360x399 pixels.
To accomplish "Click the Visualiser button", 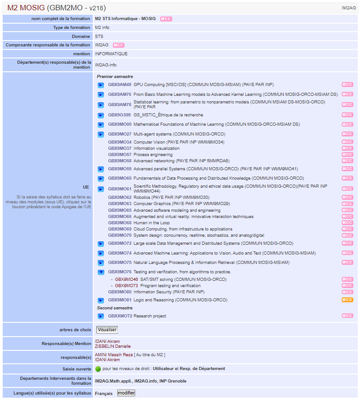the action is pyautogui.click(x=107, y=329).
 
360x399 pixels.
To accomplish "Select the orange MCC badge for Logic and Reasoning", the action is pyautogui.click(x=347, y=300).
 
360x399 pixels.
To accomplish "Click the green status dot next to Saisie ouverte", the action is pyautogui.click(x=98, y=369).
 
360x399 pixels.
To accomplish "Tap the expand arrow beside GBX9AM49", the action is pyautogui.click(x=101, y=85).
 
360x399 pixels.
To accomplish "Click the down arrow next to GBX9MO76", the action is pyautogui.click(x=101, y=272).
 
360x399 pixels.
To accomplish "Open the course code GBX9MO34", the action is pyautogui.click(x=120, y=142).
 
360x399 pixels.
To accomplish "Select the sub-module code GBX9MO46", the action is pyautogui.click(x=126, y=280).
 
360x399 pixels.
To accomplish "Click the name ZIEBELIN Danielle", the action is pyautogui.click(x=113, y=346).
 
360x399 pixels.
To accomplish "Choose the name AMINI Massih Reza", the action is pyautogui.click(x=114, y=355).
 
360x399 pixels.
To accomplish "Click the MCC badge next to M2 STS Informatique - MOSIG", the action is pyautogui.click(x=166, y=19).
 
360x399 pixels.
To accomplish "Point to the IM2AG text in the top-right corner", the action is pyautogui.click(x=349, y=8).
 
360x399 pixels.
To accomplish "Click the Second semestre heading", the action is pyautogui.click(x=115, y=308).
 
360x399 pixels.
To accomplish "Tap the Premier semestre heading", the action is pyautogui.click(x=115, y=77).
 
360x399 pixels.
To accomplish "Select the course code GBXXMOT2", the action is pyautogui.click(x=120, y=316).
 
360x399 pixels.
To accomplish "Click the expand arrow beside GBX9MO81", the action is pyautogui.click(x=101, y=300).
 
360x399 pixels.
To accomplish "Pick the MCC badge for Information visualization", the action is pyautogui.click(x=347, y=148).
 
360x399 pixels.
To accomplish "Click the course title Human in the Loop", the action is pyautogui.click(x=152, y=223).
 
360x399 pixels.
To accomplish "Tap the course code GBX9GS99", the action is pyautogui.click(x=120, y=115).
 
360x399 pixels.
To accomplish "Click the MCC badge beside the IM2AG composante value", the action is pyautogui.click(x=119, y=45).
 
